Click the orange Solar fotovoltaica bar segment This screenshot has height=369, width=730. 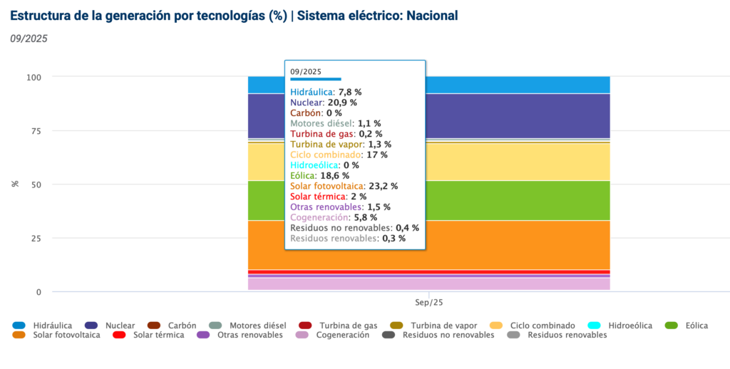[x=499, y=245]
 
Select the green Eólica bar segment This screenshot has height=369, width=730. [x=499, y=201]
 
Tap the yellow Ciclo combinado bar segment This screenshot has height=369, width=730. [x=499, y=162]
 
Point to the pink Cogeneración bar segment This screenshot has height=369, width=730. [x=499, y=284]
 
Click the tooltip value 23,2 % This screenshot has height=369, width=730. [x=384, y=186]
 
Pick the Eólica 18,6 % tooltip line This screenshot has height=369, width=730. [x=319, y=175]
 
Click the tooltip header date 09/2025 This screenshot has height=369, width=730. [x=306, y=71]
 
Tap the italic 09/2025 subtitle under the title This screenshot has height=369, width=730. [x=29, y=39]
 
